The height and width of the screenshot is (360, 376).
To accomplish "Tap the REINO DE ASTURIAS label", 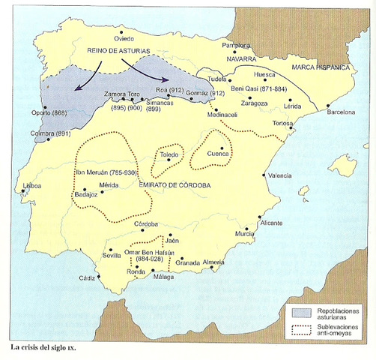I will [x=118, y=50].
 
